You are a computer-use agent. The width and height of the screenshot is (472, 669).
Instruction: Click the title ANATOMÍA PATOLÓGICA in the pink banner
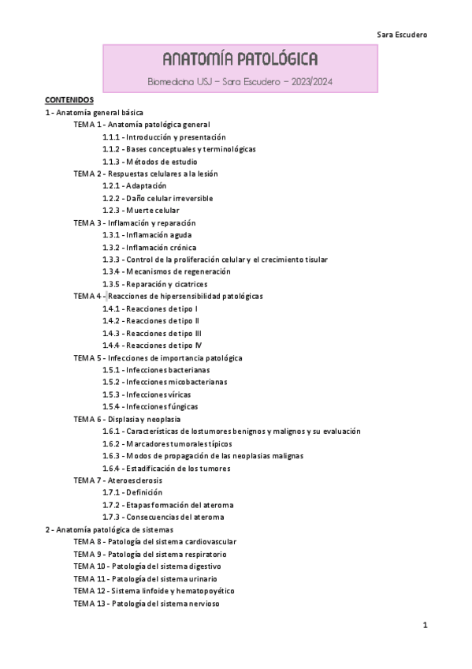coord(240,60)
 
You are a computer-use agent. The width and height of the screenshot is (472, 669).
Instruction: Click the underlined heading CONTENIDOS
coord(69,100)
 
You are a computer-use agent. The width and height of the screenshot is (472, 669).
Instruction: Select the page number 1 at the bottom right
coord(425,626)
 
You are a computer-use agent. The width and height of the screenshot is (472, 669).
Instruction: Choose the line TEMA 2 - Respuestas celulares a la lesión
coord(146,174)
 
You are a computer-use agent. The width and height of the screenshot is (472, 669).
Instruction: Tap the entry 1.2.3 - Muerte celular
coord(140,211)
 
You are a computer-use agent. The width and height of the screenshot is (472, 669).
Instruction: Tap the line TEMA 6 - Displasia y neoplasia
coord(127,419)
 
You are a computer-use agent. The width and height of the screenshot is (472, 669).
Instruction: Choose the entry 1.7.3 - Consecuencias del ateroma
coord(157,517)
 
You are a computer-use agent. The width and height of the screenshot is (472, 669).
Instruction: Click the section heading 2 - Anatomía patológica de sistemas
coord(110,529)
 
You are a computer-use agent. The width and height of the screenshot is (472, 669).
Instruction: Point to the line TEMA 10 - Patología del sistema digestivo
coord(147,566)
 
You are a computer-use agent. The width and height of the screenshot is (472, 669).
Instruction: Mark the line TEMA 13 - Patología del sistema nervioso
coord(147,603)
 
